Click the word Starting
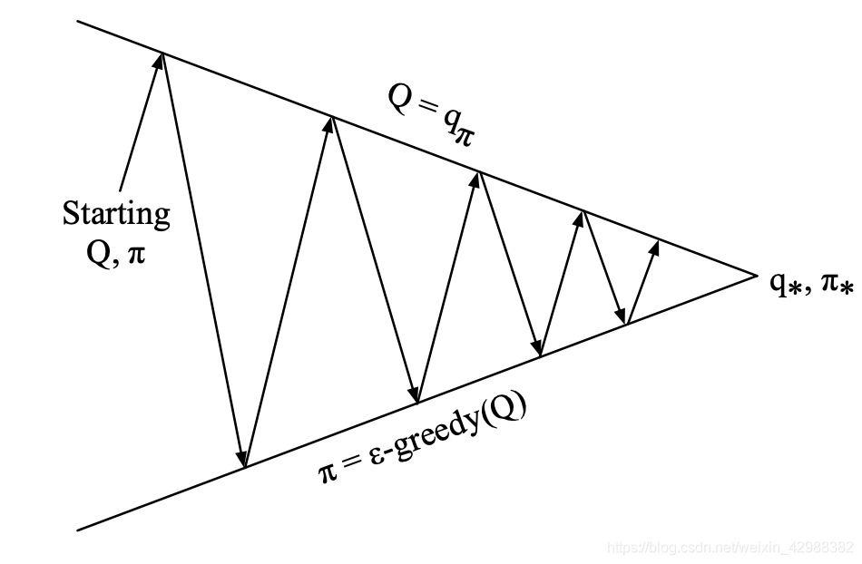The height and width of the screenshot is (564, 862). [116, 215]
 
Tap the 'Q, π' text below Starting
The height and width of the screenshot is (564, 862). [115, 249]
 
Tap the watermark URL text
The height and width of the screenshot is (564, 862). [730, 548]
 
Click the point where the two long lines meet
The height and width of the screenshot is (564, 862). [755, 273]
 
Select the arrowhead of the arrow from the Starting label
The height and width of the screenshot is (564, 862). [161, 60]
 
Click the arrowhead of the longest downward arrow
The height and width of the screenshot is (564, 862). [242, 460]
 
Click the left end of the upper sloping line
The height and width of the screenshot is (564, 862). [79, 21]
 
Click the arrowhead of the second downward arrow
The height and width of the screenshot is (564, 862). [416, 396]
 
